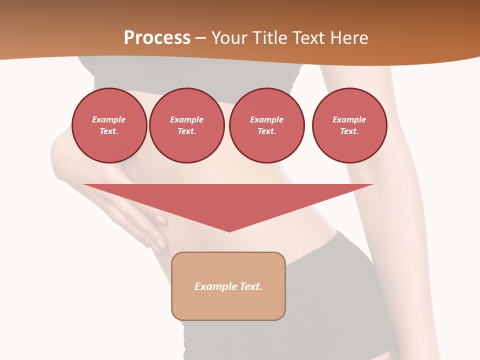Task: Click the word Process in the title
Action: pyautogui.click(x=157, y=38)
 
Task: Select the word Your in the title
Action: pyautogui.click(x=230, y=38)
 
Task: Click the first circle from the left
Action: pyautogui.click(x=109, y=125)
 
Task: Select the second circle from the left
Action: pyautogui.click(x=187, y=125)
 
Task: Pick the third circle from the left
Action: pyautogui.click(x=267, y=125)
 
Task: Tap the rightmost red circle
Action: pyautogui.click(x=349, y=125)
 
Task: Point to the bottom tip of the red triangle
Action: pyautogui.click(x=229, y=231)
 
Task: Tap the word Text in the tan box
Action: pyautogui.click(x=250, y=286)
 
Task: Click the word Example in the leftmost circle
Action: pyautogui.click(x=109, y=119)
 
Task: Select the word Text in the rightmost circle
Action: pyautogui.click(x=348, y=131)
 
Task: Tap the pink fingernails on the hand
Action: pyautogui.click(x=160, y=219)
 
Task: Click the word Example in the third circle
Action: pyautogui.click(x=266, y=119)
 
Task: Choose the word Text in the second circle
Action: pyautogui.click(x=186, y=131)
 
